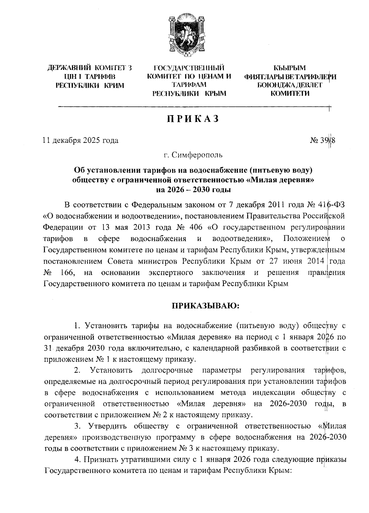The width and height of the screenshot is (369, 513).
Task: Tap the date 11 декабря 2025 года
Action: pyautogui.click(x=81, y=141)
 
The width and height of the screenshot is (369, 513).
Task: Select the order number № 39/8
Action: pyautogui.click(x=323, y=141)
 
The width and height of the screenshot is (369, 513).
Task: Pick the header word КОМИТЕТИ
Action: pyautogui.click(x=290, y=93)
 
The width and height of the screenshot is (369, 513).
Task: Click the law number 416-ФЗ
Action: pyautogui.click(x=330, y=205)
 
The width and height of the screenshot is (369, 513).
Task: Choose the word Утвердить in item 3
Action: pyautogui.click(x=108, y=426)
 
